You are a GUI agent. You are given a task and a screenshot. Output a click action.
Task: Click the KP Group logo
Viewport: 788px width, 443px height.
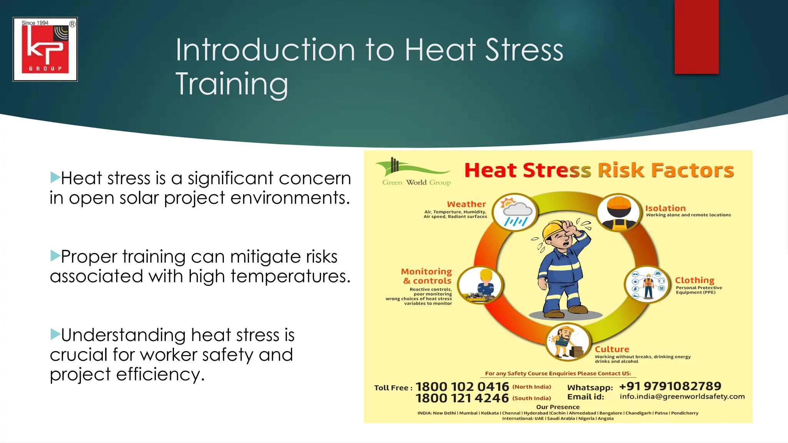(45, 49)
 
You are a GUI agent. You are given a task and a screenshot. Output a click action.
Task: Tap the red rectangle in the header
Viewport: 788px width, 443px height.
(696, 37)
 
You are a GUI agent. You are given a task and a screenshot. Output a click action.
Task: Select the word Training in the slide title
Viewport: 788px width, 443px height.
(232, 84)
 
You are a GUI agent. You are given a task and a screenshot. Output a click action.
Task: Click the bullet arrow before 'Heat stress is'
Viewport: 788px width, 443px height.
(55, 177)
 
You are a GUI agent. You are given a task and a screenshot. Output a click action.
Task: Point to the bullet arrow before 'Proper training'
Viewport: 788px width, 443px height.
(55, 256)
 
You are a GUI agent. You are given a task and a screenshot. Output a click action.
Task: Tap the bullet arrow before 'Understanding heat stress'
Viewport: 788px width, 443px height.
(55, 334)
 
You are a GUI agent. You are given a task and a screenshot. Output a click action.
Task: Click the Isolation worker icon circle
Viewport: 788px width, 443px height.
(619, 213)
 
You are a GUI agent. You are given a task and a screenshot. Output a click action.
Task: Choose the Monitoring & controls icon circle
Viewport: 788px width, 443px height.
(481, 285)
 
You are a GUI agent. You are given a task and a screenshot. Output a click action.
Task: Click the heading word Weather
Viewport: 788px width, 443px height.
(466, 204)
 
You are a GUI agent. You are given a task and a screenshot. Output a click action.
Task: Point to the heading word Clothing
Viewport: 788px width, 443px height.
(695, 280)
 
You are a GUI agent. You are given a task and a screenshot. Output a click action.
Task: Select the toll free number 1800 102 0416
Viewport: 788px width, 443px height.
(462, 386)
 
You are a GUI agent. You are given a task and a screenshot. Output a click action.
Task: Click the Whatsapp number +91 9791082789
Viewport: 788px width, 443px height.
(670, 386)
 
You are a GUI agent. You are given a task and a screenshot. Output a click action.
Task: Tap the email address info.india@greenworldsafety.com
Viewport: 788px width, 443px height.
(682, 396)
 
